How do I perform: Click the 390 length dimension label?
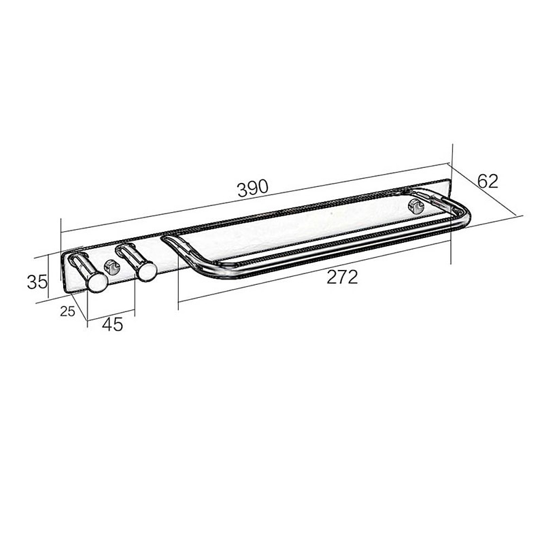pyautogui.click(x=252, y=188)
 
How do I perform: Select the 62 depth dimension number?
pyautogui.click(x=488, y=181)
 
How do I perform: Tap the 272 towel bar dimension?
pyautogui.click(x=342, y=277)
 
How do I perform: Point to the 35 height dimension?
pyautogui.click(x=37, y=282)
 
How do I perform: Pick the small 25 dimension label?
pyautogui.click(x=67, y=311)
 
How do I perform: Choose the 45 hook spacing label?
pyautogui.click(x=113, y=324)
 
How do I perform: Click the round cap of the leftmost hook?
pyautogui.click(x=97, y=282)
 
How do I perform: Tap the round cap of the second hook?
pyautogui.click(x=146, y=271)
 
